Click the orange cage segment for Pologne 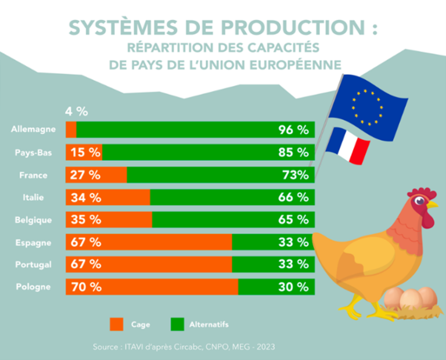151,287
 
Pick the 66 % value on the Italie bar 293,197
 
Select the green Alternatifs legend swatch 177,325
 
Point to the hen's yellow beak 431,204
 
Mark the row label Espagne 34,243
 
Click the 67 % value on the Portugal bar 86,265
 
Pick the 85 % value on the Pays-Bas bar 293,153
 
